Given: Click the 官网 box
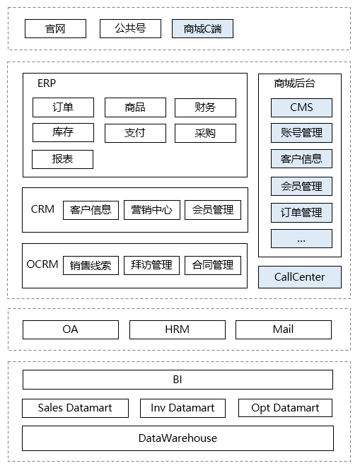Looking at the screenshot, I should [55, 28].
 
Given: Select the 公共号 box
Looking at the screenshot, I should [131, 28].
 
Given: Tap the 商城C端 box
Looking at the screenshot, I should [202, 28].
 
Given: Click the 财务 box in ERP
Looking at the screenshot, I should [205, 107].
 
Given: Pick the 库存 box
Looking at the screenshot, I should [62, 133].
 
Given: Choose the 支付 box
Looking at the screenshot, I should [135, 133].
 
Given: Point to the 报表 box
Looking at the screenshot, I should [62, 159].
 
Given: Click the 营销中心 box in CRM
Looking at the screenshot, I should [151, 209].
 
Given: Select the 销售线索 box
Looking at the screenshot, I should [91, 265].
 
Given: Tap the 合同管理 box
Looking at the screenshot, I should [212, 265].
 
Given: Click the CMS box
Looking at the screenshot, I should [301, 107].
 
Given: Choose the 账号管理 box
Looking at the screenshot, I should [301, 133].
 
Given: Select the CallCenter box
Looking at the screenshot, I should [300, 277].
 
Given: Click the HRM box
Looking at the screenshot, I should [178, 329].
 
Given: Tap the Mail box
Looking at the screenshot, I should [283, 329].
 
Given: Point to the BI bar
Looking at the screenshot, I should [178, 380].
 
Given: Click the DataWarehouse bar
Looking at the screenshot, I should [178, 438].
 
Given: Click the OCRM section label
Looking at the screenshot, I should [42, 264].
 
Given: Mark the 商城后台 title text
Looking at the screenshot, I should [295, 83].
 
